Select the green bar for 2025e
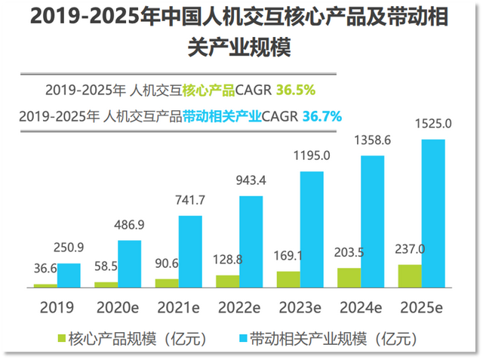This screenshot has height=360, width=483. [x=410, y=276]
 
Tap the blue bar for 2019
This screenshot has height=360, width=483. [x=69, y=275]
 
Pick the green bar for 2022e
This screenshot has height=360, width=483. [x=227, y=281]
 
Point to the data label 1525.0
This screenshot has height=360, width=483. [x=433, y=123]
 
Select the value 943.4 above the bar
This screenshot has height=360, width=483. [x=251, y=181]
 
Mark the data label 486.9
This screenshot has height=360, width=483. [x=129, y=226]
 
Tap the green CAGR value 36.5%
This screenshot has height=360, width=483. [x=296, y=91]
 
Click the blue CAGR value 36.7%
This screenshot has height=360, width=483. [x=322, y=116]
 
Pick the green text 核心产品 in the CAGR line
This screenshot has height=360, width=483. [x=208, y=91]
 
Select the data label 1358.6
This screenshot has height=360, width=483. [x=372, y=140]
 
